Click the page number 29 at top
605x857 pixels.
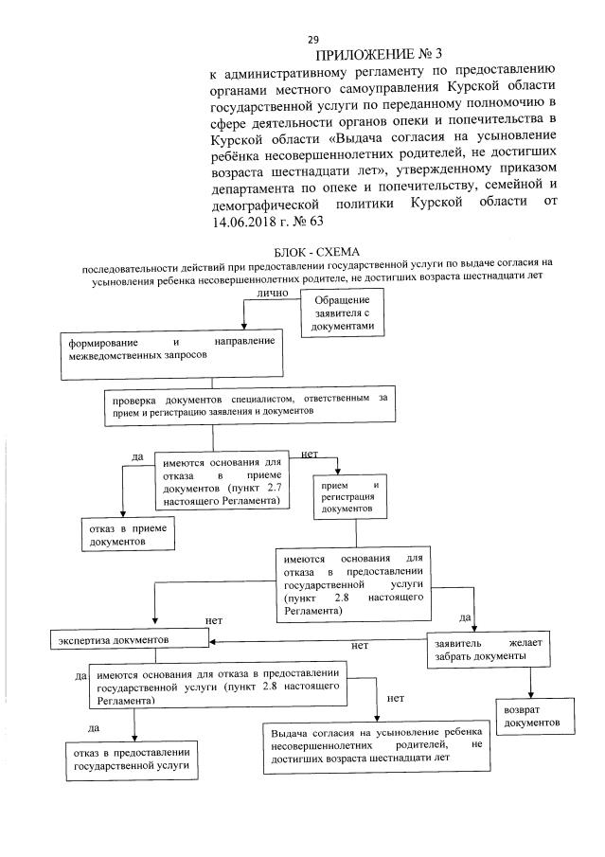312,39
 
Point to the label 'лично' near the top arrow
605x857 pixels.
272,295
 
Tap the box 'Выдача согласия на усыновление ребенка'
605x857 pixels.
376,746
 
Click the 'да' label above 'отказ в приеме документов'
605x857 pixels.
136,458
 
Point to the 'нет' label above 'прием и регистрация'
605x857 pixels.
309,455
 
